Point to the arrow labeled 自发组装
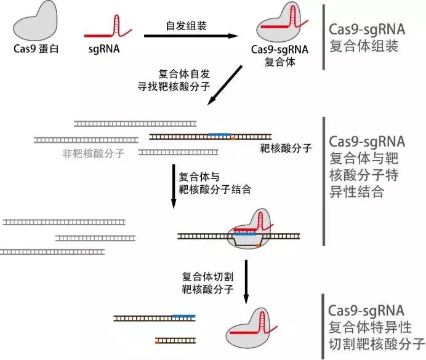coord(191,36)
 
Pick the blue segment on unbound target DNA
coord(220,134)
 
